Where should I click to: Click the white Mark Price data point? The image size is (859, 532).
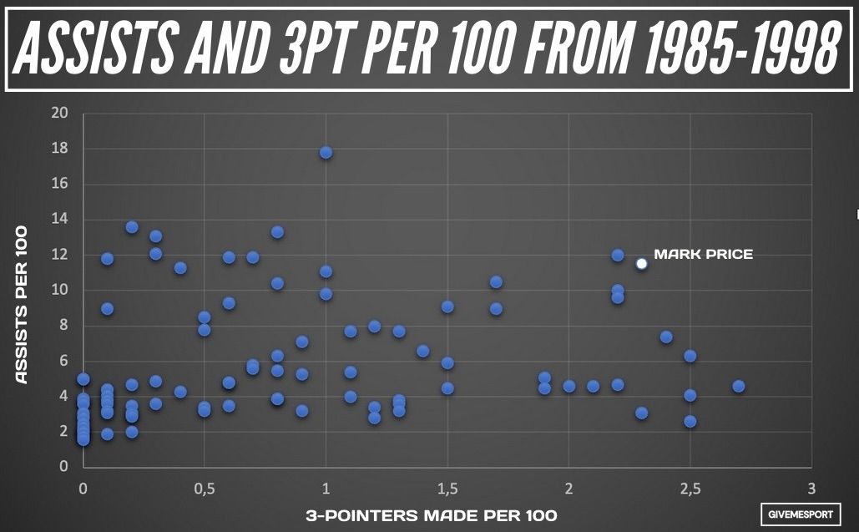click(641, 264)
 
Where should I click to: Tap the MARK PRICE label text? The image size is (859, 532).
click(703, 254)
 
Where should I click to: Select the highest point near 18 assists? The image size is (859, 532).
click(326, 152)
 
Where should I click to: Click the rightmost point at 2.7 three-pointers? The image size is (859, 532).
click(738, 386)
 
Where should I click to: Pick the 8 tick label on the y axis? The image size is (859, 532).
click(63, 326)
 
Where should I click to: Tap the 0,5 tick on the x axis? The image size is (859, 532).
click(204, 487)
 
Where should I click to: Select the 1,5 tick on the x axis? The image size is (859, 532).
click(447, 487)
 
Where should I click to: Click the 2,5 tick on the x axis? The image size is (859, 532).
click(690, 487)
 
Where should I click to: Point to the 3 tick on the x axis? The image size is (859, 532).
click(811, 487)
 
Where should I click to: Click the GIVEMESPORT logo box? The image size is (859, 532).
click(801, 514)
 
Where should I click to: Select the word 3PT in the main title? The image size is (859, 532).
click(335, 48)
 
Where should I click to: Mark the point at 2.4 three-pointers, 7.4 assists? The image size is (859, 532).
click(666, 337)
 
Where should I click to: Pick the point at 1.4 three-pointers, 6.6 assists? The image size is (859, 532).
click(422, 351)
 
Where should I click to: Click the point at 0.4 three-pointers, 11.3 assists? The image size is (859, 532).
click(180, 268)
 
